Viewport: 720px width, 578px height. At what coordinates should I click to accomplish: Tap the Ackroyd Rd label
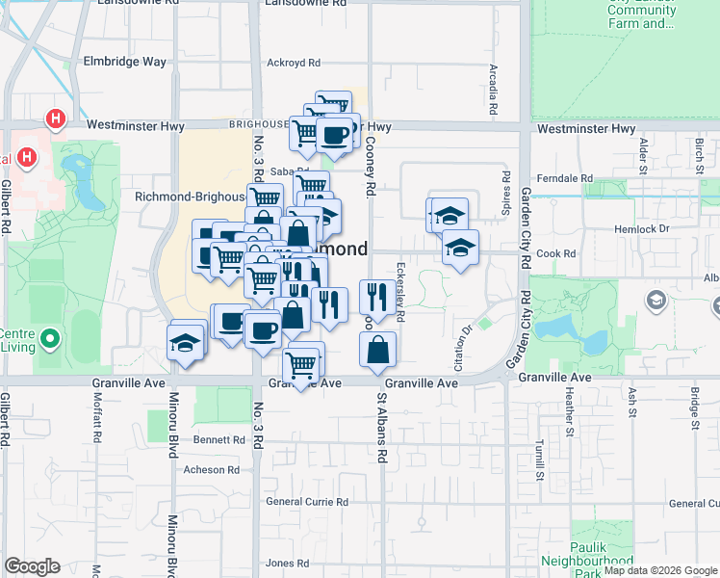coord(293,63)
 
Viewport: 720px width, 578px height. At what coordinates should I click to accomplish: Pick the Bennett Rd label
coord(219,439)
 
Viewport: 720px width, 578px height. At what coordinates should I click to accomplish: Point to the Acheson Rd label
coord(211,470)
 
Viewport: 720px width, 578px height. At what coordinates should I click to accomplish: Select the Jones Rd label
coord(287,564)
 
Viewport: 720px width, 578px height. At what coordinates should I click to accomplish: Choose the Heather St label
coord(570,409)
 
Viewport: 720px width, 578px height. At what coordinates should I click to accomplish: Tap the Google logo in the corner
coord(32,565)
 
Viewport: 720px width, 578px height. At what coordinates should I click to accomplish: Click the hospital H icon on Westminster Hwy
coord(57,119)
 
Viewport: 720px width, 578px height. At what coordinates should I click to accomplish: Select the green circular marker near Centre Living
coord(51,339)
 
